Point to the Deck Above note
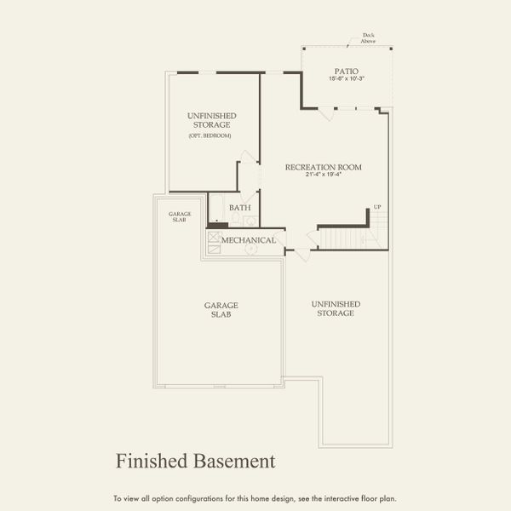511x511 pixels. pos(368,38)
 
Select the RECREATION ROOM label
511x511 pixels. pos(323,167)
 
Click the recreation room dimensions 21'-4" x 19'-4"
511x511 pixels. pos(323,175)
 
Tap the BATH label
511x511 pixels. pos(240,207)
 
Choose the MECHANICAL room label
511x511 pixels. pos(249,240)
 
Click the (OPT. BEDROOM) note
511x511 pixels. pos(210,136)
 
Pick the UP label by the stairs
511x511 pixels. pos(377,208)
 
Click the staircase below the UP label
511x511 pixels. pos(345,236)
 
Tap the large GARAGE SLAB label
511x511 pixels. pos(220,309)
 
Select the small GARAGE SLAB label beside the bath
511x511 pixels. pos(179,216)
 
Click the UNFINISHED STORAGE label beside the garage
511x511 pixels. pos(336,308)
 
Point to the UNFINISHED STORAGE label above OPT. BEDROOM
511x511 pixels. pos(211,120)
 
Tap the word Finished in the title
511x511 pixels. pos(150,461)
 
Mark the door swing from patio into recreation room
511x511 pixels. pos(324,113)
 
